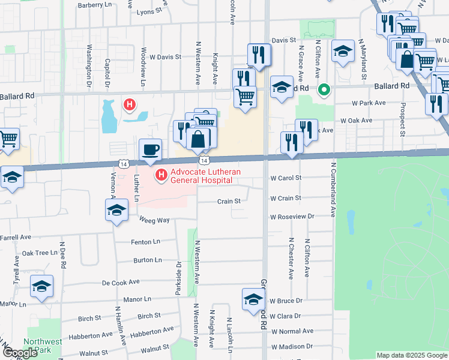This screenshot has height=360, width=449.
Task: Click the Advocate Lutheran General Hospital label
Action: tap(205, 176)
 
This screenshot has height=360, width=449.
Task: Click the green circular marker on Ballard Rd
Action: tap(324, 91)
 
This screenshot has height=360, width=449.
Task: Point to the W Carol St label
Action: tap(286, 178)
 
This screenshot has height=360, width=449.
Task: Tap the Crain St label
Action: tap(228, 202)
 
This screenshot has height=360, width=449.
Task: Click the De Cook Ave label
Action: tap(121, 282)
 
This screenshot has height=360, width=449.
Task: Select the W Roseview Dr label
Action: tap(292, 217)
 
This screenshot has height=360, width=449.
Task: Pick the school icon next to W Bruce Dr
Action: tap(253, 299)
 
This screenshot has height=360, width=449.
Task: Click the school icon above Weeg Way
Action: tap(117, 211)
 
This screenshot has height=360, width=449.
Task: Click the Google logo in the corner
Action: tap(21, 353)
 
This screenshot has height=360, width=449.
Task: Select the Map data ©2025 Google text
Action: tap(411, 355)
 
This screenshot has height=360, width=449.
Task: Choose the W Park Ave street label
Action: tap(369, 103)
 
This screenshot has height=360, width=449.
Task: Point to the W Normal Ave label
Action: tap(292, 331)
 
